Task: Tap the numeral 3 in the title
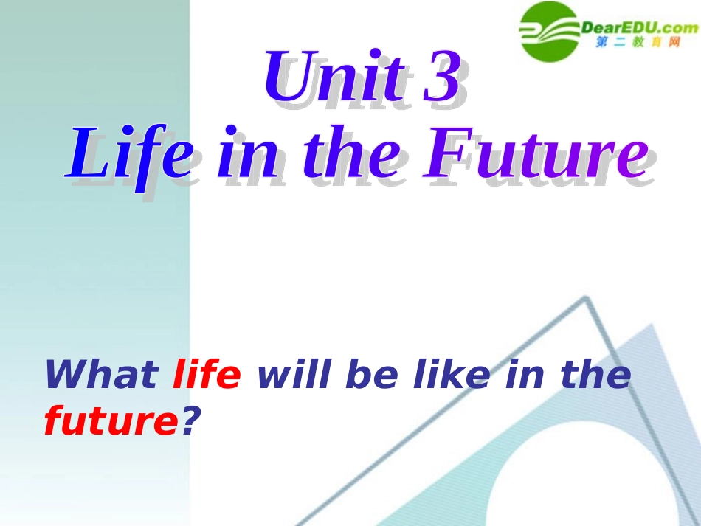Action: point(443,78)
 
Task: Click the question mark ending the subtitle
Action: point(190,422)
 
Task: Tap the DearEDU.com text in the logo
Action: point(639,28)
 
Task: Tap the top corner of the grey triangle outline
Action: point(586,299)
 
